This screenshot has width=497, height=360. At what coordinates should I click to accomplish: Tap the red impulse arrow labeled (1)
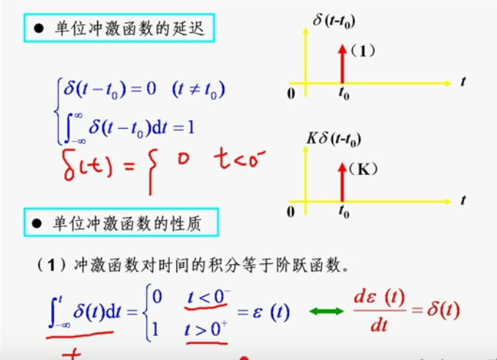coord(341,64)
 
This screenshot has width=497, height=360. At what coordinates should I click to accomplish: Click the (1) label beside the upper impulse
coord(362,52)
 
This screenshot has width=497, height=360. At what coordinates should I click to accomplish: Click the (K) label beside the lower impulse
coord(363,170)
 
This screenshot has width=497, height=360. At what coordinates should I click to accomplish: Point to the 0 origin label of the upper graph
coord(291,94)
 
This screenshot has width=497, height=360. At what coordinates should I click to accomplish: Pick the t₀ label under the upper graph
coord(343,94)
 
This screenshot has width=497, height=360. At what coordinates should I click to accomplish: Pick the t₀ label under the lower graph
coord(343,211)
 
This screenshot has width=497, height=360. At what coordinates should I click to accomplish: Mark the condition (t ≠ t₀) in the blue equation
coord(198,91)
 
